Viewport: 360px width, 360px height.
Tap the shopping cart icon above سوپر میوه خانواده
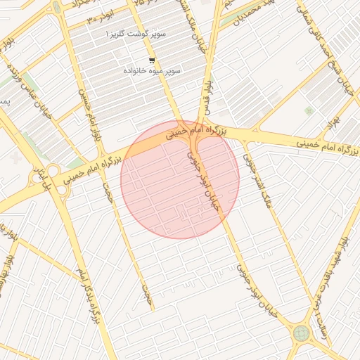(x=153, y=60)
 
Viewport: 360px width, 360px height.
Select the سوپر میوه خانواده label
(x=152, y=72)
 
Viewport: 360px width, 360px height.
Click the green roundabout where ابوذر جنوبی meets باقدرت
(x=302, y=332)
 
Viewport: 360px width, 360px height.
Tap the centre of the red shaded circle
(x=180, y=179)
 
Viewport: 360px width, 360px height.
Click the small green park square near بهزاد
(x=309, y=110)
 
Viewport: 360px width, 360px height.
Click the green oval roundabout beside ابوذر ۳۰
(x=55, y=8)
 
